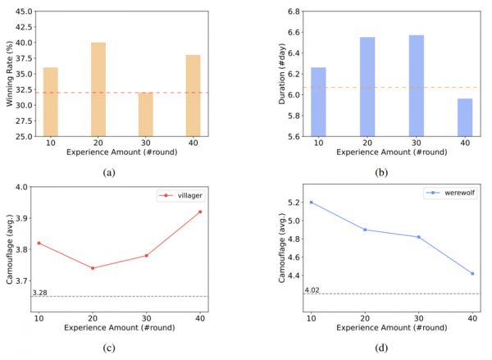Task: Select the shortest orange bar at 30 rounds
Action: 145,115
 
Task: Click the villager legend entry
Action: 179,197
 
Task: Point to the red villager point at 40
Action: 199,212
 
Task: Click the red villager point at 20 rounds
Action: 92,268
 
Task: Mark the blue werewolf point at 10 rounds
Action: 311,202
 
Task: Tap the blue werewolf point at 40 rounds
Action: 472,274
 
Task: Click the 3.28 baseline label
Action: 39,292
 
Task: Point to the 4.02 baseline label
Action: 312,289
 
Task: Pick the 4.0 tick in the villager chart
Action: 23,188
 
